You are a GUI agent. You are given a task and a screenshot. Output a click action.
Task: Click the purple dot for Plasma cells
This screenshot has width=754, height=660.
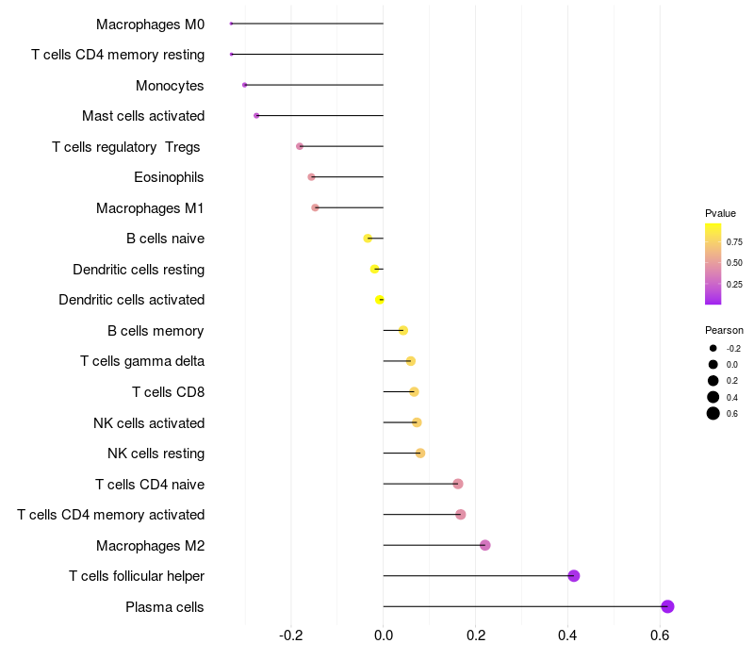[667, 606]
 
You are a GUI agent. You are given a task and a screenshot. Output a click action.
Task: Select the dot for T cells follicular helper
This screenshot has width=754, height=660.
[574, 576]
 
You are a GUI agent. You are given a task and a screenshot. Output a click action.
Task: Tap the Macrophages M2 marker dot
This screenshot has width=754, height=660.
[485, 545]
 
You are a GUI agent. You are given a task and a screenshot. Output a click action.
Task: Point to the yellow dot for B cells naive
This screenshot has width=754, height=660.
[368, 239]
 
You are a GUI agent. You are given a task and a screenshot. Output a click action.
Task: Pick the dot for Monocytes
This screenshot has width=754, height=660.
[245, 85]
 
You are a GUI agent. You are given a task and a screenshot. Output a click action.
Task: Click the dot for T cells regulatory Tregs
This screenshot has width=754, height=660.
[300, 146]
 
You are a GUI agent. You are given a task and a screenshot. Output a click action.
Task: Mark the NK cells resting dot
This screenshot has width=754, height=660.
[420, 454]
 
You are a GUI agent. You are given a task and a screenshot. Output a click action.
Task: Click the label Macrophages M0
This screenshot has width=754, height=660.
[150, 24]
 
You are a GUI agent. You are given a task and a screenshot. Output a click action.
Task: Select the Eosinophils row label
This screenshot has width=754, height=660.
[169, 177]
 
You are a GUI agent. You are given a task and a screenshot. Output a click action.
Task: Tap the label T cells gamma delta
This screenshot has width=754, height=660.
[142, 361]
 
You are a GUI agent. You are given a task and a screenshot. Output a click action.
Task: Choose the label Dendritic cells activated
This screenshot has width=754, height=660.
[131, 300]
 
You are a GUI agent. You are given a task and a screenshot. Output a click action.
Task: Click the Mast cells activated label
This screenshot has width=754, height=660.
[143, 116]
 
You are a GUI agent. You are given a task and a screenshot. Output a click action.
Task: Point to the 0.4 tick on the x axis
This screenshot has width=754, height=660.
[568, 636]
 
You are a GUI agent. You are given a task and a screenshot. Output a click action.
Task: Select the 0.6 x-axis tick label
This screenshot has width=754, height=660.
[660, 636]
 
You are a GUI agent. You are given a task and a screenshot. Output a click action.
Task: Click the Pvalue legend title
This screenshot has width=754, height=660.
[721, 213]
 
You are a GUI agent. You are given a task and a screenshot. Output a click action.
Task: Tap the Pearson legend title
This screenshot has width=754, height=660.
[724, 330]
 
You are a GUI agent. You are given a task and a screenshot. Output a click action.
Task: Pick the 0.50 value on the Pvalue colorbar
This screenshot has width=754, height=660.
[734, 262]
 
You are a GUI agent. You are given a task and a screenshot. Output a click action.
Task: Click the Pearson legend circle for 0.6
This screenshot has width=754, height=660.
[713, 413]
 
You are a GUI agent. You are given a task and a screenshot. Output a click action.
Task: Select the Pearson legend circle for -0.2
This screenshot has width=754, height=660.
[713, 348]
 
